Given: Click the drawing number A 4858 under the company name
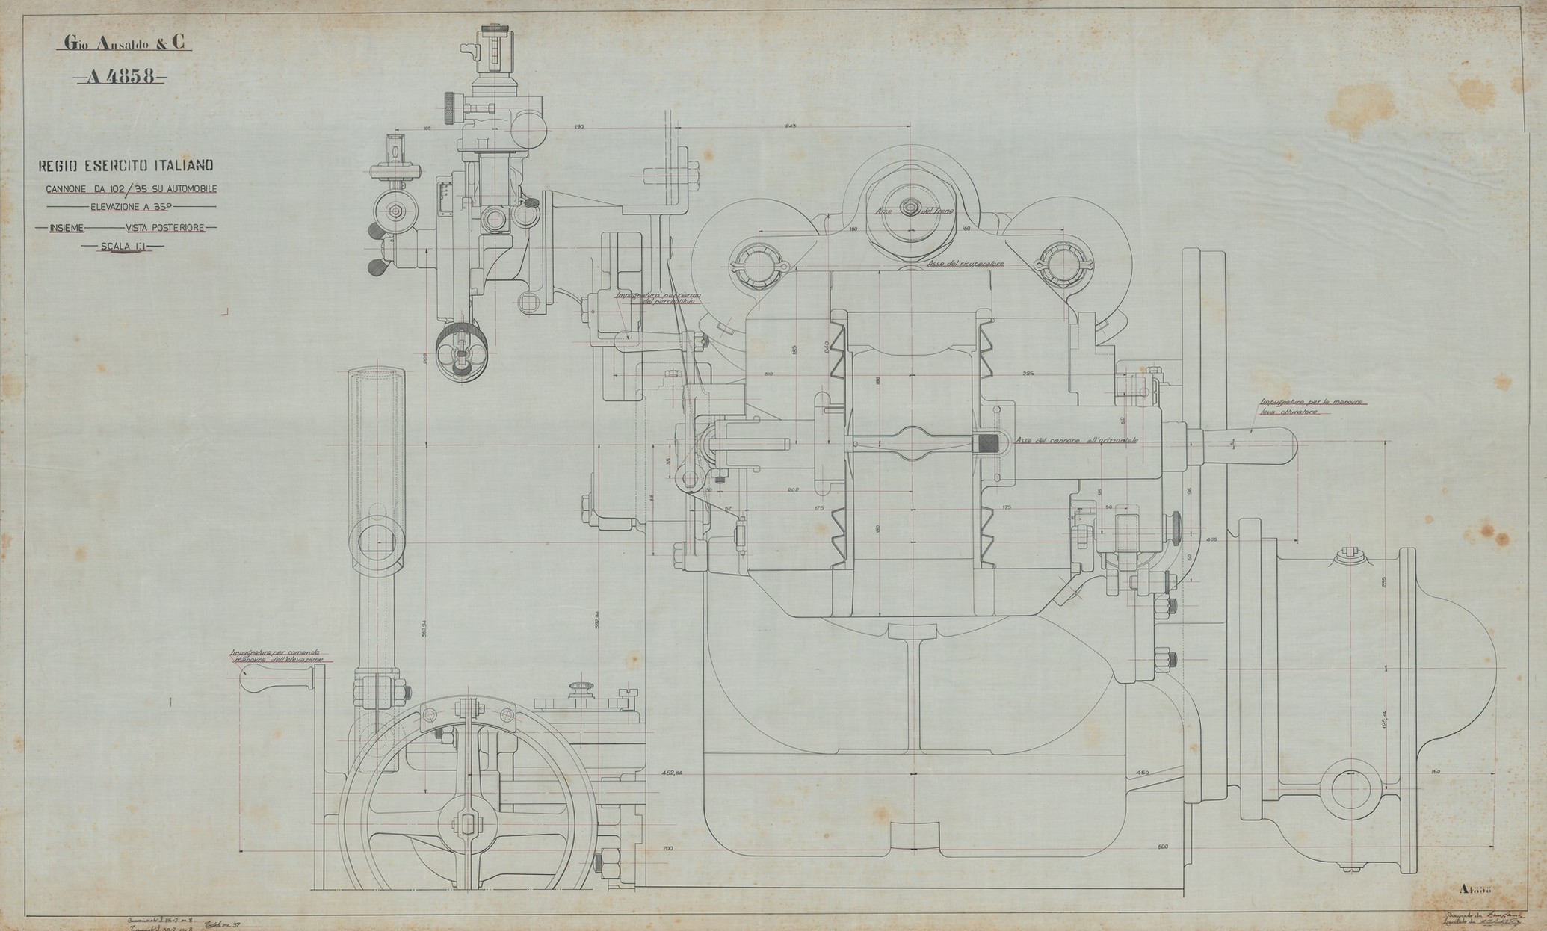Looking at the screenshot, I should pyautogui.click(x=121, y=77).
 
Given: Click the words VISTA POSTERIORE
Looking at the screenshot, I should pyautogui.click(x=165, y=227).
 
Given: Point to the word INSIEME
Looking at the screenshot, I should pyautogui.click(x=67, y=227).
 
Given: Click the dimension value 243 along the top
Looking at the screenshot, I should pyautogui.click(x=791, y=126).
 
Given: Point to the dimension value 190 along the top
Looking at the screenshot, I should pyautogui.click(x=578, y=127).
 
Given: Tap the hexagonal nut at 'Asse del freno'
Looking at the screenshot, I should pyautogui.click(x=910, y=208).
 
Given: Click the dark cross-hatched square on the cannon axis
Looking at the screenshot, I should pyautogui.click(x=988, y=443).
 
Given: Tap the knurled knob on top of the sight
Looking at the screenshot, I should pyautogui.click(x=493, y=29).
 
